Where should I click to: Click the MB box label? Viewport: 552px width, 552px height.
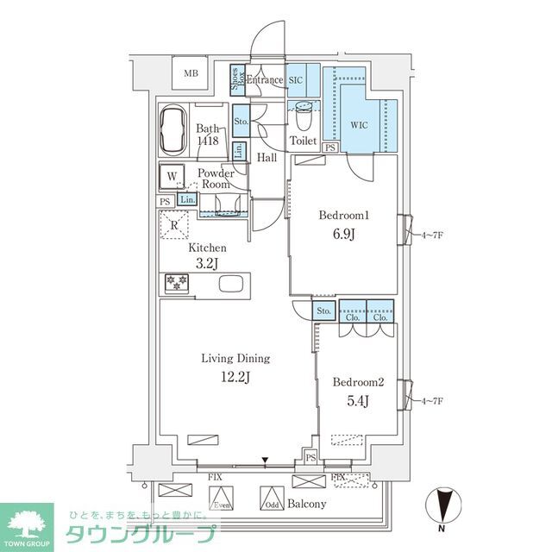[x=191, y=73]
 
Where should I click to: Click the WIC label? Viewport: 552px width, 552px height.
[x=359, y=124]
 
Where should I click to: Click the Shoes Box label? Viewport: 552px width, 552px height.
[x=236, y=79]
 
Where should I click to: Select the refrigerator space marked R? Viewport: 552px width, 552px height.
[x=174, y=226]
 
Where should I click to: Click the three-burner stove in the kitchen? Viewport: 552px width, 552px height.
[x=176, y=284]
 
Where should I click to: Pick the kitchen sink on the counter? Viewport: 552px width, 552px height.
[x=231, y=285]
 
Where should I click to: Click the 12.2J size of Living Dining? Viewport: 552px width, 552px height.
[x=235, y=376]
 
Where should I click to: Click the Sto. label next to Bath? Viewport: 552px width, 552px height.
[x=241, y=122]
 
